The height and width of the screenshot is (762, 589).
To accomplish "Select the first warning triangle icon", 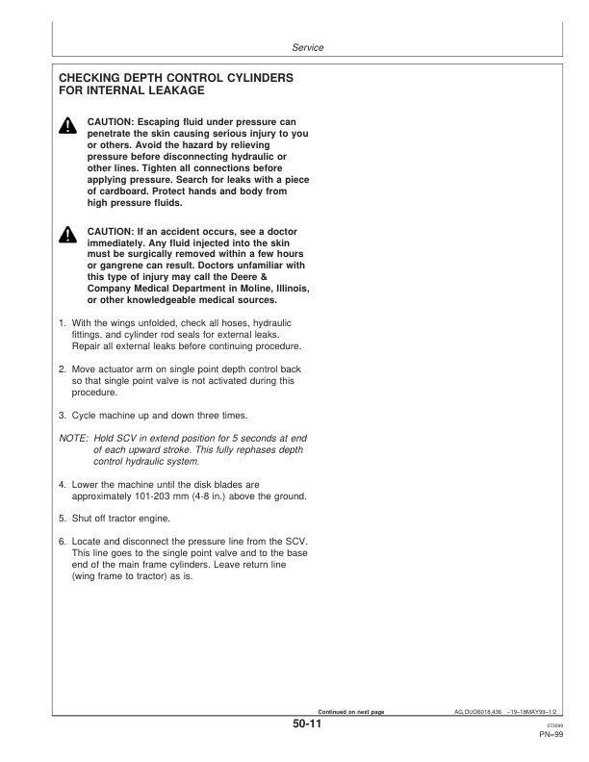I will [x=68, y=127].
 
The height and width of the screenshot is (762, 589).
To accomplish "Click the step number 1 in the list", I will [x=63, y=323].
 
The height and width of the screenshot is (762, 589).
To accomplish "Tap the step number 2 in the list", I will [x=63, y=370].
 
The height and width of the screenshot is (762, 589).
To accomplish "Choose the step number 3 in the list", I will [x=63, y=415].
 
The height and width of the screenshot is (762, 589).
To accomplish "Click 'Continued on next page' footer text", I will [x=344, y=711].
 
